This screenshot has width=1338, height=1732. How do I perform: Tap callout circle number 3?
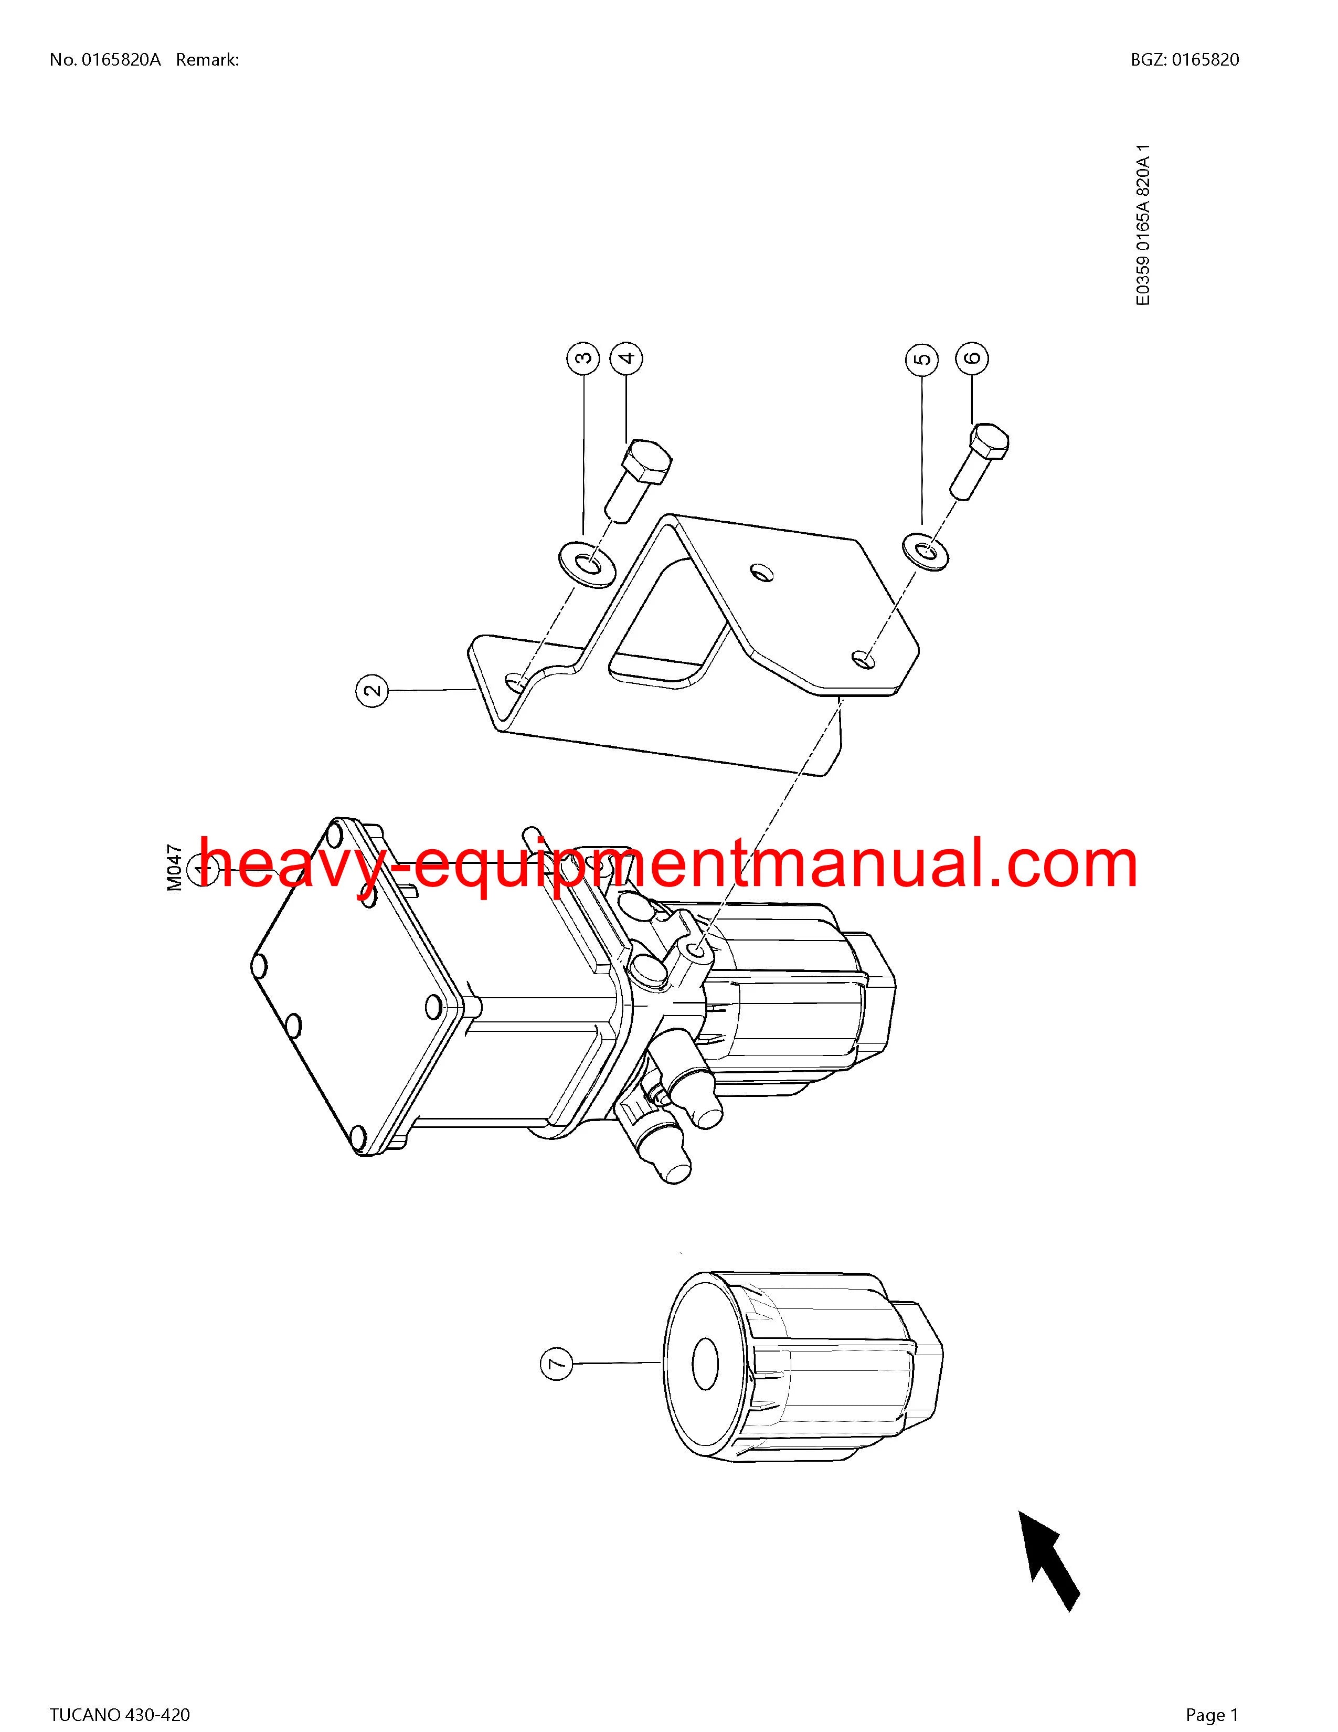tap(583, 358)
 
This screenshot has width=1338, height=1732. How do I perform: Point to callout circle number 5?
tap(922, 358)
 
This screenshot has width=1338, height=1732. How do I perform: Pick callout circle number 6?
tap(973, 358)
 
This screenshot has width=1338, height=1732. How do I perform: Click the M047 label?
tap(175, 869)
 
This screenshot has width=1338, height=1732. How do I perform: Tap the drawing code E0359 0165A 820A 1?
tap(1142, 225)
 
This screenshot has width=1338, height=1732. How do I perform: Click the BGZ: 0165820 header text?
tap(1185, 59)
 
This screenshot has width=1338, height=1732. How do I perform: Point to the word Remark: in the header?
tap(208, 59)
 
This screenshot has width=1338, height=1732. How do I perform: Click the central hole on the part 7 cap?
tap(705, 1364)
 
